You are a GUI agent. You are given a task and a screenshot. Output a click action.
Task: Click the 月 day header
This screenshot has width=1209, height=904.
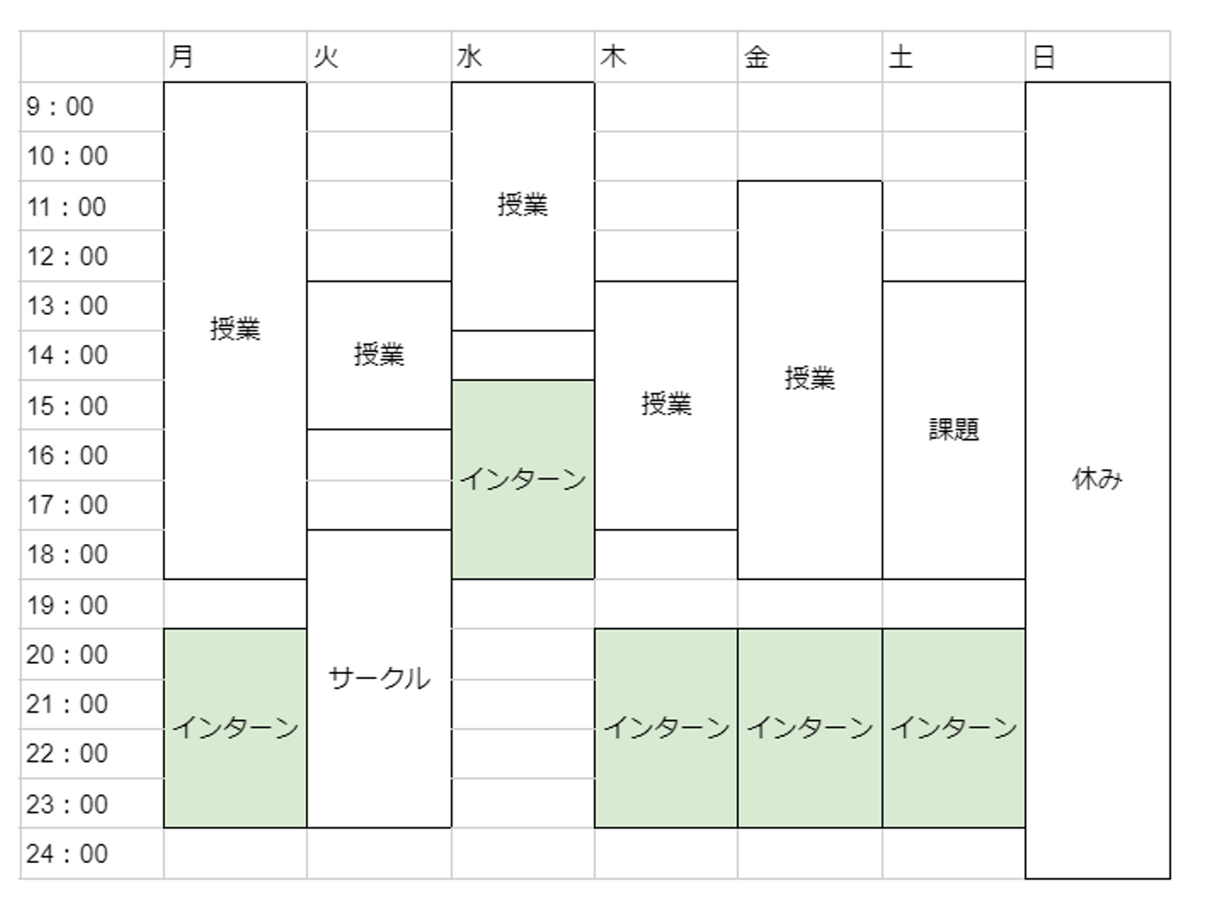[x=181, y=57]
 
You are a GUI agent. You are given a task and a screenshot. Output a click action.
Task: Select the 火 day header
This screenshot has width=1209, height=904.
[x=326, y=57]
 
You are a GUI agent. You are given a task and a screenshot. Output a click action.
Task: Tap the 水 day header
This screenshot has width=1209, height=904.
[x=469, y=57]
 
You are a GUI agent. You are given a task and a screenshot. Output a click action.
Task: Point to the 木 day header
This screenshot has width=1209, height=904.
[x=614, y=57]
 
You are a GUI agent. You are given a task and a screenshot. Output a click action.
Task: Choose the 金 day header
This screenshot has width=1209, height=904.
[x=756, y=57]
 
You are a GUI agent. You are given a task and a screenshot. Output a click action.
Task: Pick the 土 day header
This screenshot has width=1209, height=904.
[x=901, y=57]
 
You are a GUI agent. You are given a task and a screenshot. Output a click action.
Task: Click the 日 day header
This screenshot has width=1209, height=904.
[x=1044, y=57]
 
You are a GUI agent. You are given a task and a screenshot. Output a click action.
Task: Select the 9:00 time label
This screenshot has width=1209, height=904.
[x=60, y=107]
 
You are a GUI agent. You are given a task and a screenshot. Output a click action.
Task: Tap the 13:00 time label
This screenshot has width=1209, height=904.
[x=67, y=306]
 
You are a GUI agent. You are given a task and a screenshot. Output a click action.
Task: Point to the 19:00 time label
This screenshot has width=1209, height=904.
[x=67, y=604]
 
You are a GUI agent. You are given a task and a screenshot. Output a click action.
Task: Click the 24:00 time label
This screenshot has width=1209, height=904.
[x=67, y=854]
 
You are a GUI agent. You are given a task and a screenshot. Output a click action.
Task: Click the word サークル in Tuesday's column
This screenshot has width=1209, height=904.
[x=379, y=678]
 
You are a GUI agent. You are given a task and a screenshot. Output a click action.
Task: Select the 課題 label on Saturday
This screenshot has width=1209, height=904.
[x=954, y=430]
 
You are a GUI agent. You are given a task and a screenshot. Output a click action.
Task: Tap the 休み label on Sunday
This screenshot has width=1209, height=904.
[x=1097, y=479]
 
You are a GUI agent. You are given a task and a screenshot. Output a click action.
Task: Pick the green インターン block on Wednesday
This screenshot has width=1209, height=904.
[x=522, y=479]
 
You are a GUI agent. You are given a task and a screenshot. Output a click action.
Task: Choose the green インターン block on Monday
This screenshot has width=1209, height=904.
[x=235, y=728]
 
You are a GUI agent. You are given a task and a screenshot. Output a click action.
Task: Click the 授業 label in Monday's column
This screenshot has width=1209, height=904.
[x=235, y=329]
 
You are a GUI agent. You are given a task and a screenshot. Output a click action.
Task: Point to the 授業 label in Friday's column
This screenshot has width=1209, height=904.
[x=809, y=379]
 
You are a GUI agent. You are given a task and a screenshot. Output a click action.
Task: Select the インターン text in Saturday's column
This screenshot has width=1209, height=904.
[x=954, y=728]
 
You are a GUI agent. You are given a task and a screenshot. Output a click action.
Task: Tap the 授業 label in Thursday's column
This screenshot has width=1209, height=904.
[x=666, y=405]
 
